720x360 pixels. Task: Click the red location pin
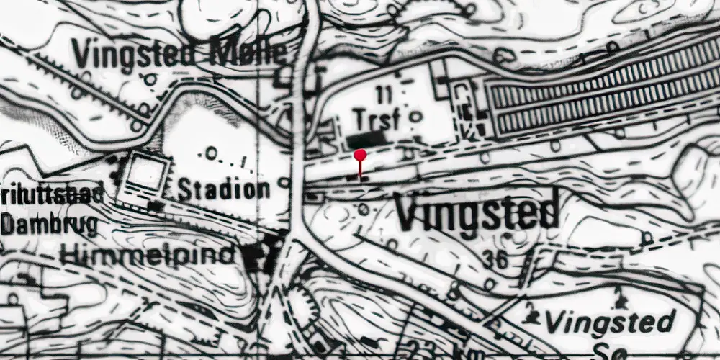359,155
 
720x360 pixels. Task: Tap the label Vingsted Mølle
179,53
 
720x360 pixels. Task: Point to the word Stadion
223,191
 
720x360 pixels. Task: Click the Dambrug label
49,225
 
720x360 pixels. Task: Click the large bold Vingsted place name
477,210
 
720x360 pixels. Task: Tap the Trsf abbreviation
375,119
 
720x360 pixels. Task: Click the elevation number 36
496,260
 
